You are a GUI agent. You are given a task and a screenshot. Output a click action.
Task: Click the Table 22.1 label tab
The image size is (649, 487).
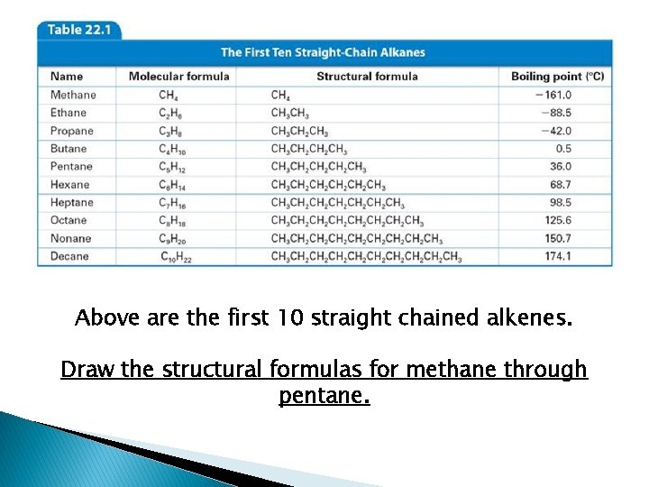[78, 29]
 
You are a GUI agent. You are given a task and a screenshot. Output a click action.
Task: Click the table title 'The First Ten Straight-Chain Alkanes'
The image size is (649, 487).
[323, 52]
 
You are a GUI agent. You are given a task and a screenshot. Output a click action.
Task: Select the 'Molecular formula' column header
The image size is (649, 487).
[178, 76]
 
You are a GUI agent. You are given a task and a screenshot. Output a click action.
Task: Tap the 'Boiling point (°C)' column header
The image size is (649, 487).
[557, 76]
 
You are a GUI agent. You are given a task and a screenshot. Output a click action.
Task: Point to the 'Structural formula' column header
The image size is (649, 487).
[367, 76]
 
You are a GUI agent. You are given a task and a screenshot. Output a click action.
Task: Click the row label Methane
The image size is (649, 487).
[73, 95]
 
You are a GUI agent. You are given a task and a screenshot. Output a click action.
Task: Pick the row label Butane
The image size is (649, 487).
[69, 149]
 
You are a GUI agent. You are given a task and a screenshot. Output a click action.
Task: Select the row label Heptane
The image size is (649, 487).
[71, 203]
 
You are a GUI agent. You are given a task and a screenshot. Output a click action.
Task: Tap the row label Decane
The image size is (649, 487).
[69, 257]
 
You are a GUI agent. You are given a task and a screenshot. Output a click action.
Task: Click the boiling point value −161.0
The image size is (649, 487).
[553, 95]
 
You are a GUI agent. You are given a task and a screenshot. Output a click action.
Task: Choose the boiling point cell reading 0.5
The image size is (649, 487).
[563, 149]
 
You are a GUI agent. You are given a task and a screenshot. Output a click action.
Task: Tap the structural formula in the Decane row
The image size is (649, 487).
[366, 257]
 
